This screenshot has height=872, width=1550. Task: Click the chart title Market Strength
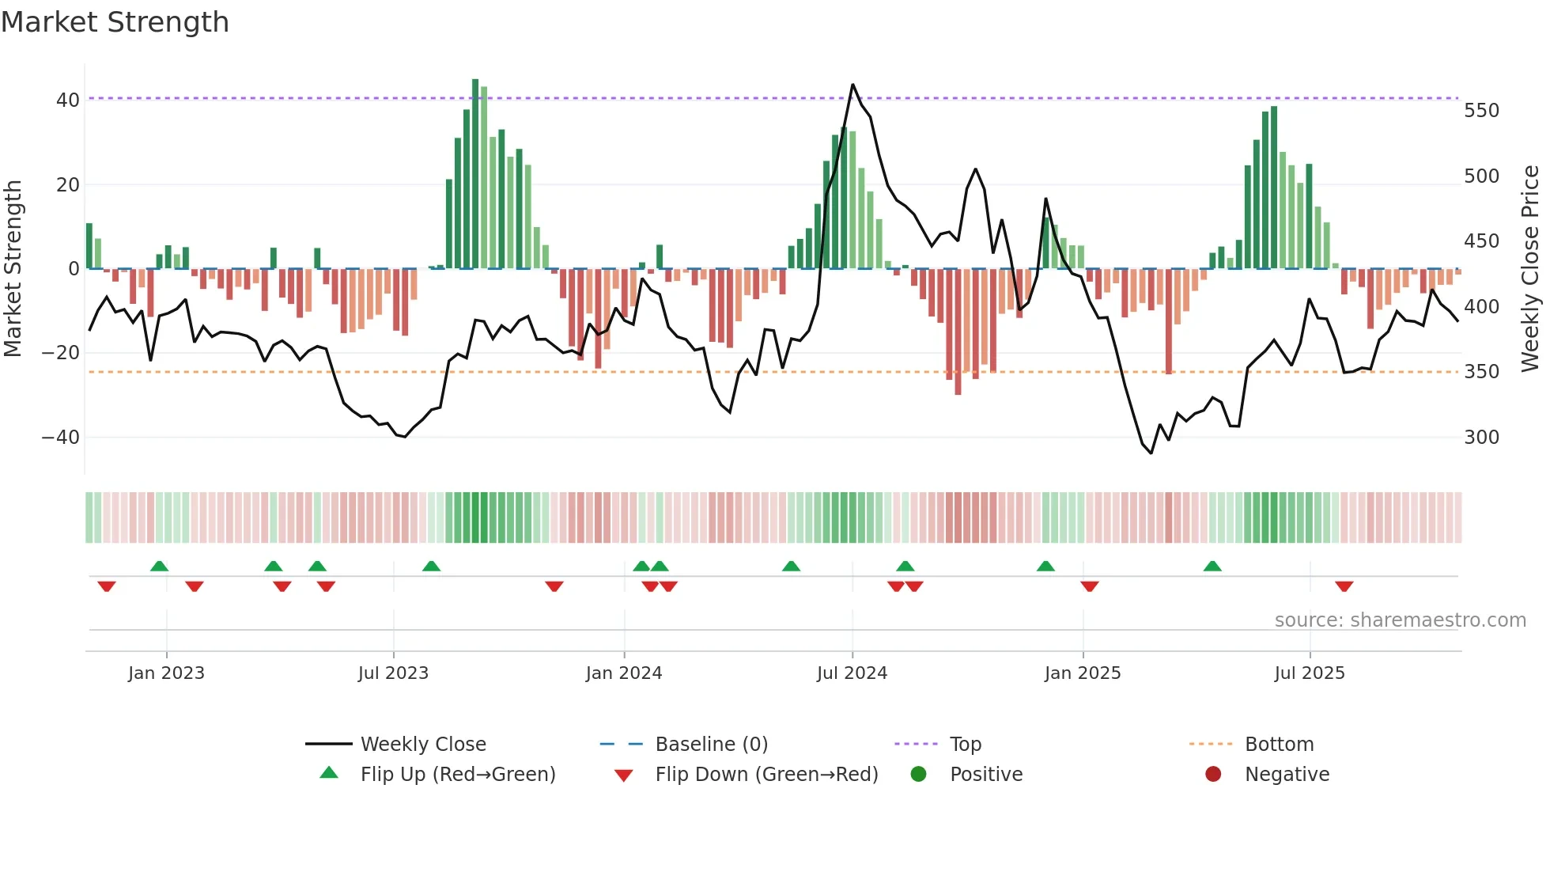pos(115,22)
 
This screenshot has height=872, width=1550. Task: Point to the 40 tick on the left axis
pos(68,100)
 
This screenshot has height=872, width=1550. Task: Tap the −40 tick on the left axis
pos(61,437)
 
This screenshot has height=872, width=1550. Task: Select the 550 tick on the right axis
pos(1481,111)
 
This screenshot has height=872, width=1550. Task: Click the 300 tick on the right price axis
pos(1481,438)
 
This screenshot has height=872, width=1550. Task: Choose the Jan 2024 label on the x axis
pos(623,673)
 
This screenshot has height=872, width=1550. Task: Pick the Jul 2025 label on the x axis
pos(1309,673)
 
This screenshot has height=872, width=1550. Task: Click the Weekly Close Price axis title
pos(1530,269)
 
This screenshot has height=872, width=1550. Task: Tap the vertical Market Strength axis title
pos(13,269)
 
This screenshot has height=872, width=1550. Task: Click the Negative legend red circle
pos(1212,775)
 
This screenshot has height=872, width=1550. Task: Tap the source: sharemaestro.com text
pos(1400,620)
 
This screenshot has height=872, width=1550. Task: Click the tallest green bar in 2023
pos(475,174)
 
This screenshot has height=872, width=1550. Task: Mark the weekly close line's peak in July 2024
pos(852,85)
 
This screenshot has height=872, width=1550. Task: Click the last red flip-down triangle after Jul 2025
pos(1344,586)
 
